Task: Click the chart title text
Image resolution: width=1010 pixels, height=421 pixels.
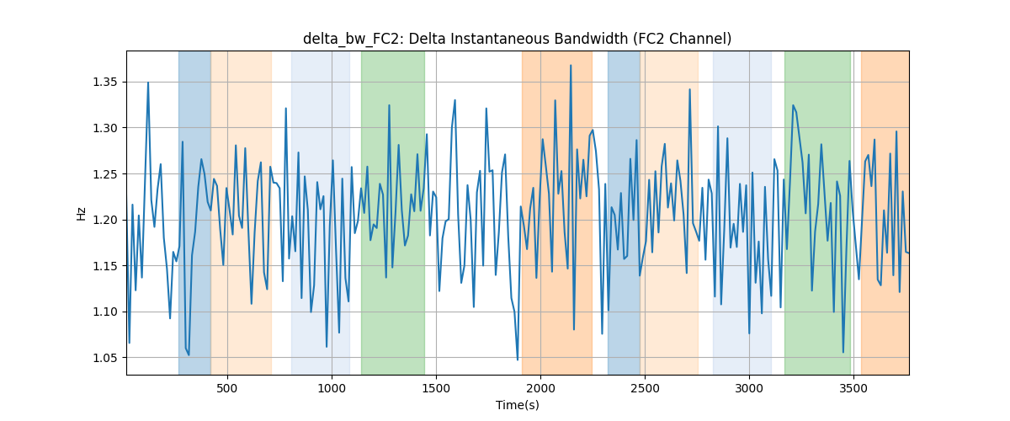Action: click(x=517, y=39)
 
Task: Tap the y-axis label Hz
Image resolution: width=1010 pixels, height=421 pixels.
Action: click(x=81, y=213)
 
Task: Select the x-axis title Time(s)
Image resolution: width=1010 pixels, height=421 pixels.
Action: click(x=518, y=405)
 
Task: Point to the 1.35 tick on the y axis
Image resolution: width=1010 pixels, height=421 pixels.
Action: click(x=105, y=83)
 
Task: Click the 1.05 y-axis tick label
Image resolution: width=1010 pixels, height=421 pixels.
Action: click(x=105, y=358)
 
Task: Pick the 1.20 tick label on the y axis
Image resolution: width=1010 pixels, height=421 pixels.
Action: click(x=105, y=221)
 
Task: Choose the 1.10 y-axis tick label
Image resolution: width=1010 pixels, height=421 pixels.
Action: click(x=105, y=312)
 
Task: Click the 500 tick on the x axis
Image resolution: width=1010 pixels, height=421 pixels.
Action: click(x=227, y=388)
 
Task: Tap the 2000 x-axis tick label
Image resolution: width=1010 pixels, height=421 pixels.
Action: click(x=540, y=388)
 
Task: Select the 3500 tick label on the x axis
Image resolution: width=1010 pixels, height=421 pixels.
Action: click(x=853, y=388)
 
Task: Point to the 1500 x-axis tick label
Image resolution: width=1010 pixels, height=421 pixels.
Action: click(x=436, y=388)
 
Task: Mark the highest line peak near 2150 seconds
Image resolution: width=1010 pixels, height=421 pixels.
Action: click(x=571, y=66)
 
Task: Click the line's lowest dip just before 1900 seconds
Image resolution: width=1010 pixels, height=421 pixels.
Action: click(x=518, y=360)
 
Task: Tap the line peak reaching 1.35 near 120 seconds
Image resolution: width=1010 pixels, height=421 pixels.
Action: click(x=148, y=83)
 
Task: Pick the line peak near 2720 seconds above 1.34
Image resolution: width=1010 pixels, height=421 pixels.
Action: click(x=689, y=89)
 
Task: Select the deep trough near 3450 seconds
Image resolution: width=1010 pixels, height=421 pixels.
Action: click(x=843, y=353)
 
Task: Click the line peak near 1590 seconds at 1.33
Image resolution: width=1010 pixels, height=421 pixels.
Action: click(x=455, y=100)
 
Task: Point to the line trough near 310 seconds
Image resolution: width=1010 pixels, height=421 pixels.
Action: click(x=189, y=355)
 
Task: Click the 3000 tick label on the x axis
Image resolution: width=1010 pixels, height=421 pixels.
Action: click(x=749, y=388)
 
